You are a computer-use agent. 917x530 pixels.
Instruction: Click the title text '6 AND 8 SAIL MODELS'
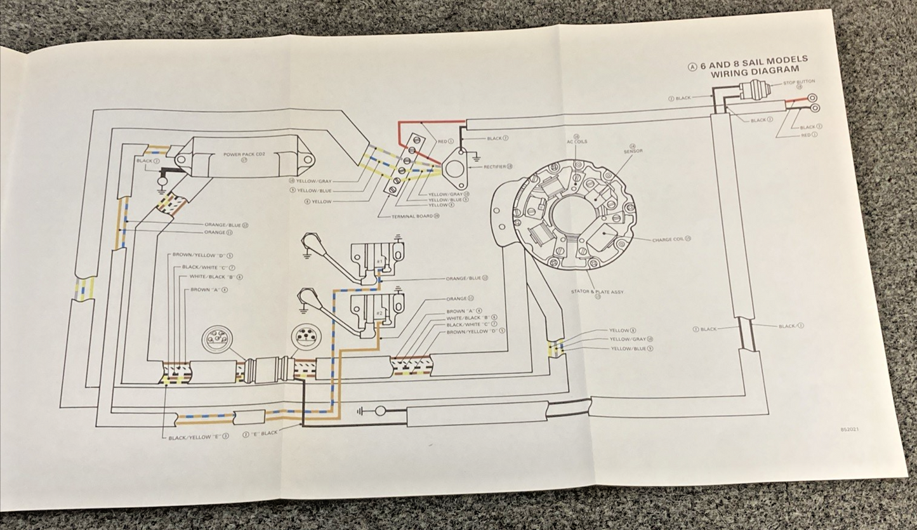pos(755,63)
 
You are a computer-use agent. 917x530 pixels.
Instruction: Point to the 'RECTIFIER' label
pos(495,167)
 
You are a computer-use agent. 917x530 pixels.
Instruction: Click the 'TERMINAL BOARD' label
pos(413,216)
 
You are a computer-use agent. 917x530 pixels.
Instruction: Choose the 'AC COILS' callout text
pos(577,141)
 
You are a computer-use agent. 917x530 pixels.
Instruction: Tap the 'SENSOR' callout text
pos(633,151)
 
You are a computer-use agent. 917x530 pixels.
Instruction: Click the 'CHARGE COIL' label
pos(668,239)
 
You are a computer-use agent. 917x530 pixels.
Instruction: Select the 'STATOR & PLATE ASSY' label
pos(597,293)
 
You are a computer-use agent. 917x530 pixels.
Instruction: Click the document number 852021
pos(850,430)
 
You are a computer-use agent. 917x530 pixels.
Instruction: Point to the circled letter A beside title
pos(693,67)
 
